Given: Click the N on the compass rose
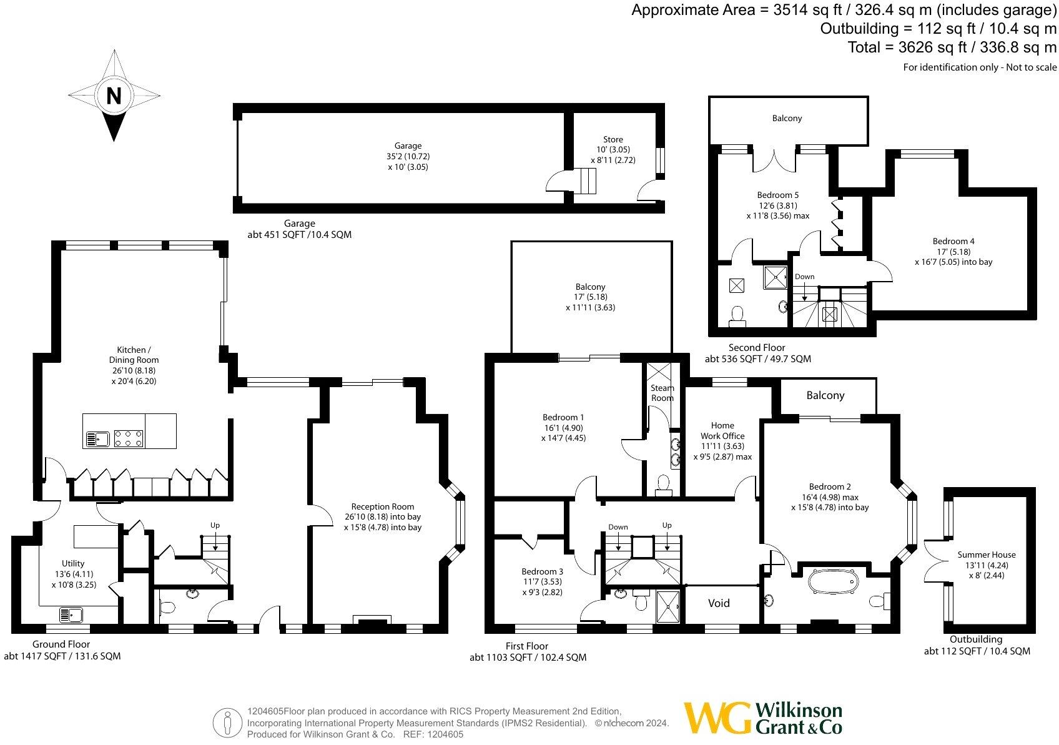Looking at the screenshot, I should pos(114,96).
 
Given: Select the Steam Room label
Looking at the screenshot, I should pos(662,393).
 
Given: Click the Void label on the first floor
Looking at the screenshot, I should pos(719,603).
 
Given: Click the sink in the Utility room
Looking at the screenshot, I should pos(71,614).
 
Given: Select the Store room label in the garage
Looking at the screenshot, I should pos(613,139).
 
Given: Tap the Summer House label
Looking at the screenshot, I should pos(987,555).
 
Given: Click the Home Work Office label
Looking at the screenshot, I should pos(722,430).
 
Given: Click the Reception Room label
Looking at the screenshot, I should pos(382,506).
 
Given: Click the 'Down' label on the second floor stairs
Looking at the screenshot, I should pos(804,277).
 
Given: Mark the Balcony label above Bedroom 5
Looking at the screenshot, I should pos(787,118).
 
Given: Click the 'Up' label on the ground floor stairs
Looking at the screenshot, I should pos(215,525).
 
